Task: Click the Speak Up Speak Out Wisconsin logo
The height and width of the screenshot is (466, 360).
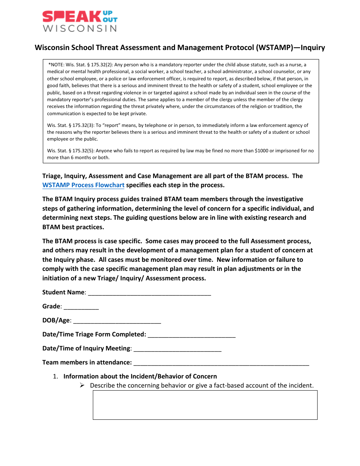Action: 80,21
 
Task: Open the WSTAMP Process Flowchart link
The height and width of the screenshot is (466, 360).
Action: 83,185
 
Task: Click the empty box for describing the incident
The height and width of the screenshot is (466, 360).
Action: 205,405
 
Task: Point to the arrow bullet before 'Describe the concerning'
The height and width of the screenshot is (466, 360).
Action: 82,385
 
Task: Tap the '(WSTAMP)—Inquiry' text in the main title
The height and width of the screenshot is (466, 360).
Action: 290,48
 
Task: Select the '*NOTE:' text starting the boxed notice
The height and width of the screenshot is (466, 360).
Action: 56,65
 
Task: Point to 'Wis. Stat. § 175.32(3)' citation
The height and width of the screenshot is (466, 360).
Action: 72,125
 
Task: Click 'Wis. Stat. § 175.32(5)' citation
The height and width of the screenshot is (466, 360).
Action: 72,151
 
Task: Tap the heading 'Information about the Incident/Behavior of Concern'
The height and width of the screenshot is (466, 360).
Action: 140,377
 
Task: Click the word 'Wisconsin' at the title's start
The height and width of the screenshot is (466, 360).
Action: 50,48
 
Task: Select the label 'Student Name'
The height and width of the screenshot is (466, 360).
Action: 63,292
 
